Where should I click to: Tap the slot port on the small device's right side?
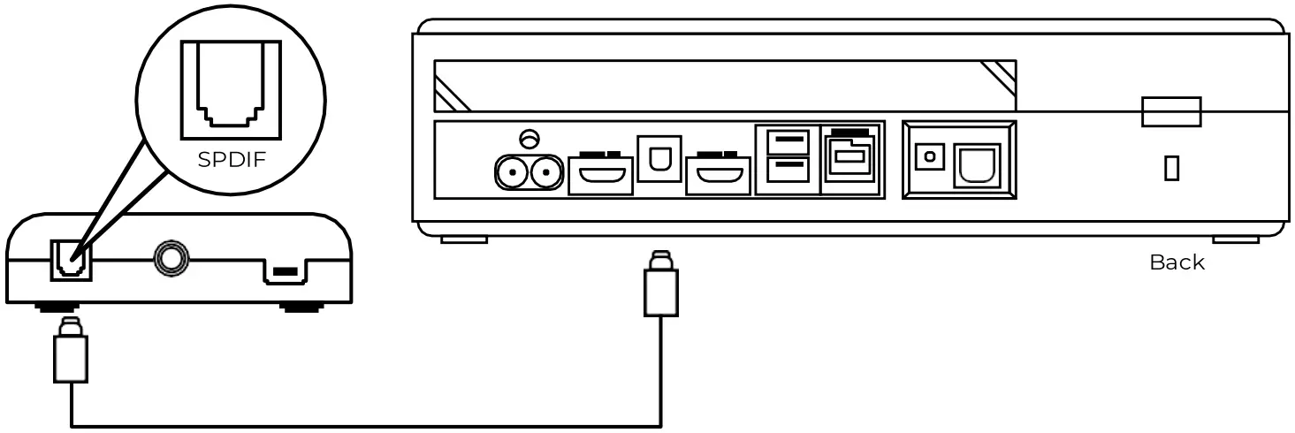pos(284,274)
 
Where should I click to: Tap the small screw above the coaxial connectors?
pos(530,138)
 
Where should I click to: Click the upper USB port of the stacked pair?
pos(787,141)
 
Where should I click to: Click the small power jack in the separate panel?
pos(928,157)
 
